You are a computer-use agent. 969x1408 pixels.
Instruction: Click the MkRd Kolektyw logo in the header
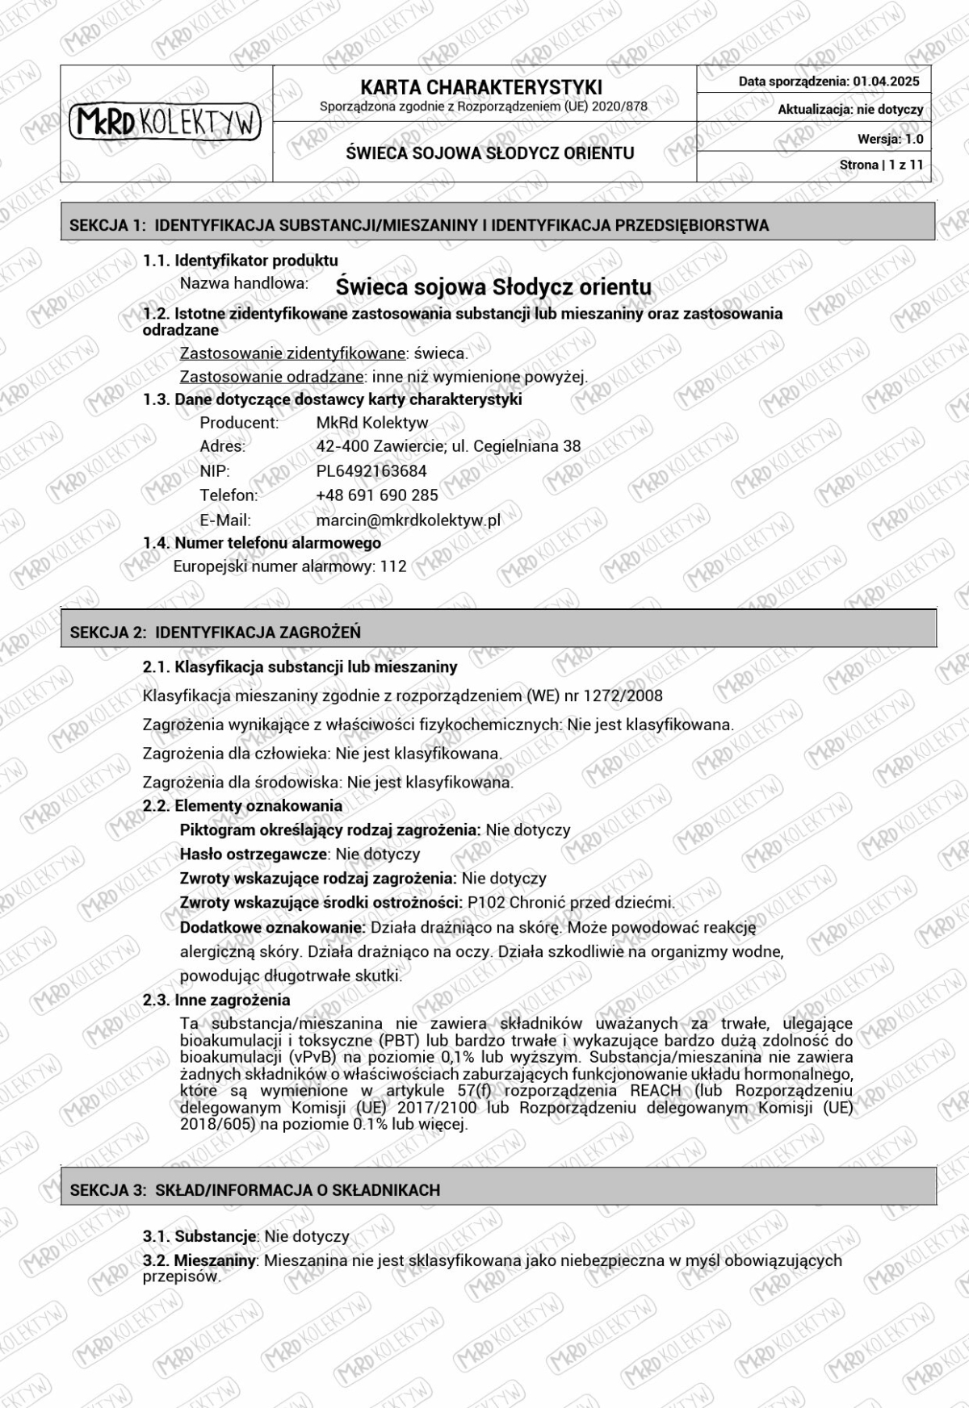tap(166, 122)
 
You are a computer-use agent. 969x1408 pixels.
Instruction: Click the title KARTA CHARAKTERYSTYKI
tap(481, 87)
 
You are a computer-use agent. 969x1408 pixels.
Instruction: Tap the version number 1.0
tap(913, 139)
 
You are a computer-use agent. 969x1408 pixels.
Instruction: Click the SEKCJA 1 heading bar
tap(497, 225)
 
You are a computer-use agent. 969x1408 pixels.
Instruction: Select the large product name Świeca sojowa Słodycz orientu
tap(493, 286)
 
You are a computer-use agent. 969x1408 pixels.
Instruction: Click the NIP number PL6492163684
tap(371, 471)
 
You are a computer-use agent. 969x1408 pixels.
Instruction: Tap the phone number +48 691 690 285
tap(377, 495)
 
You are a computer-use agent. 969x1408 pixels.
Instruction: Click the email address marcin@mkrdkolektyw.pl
tap(408, 520)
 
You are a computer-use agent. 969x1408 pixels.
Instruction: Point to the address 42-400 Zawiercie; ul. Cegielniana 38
tap(448, 446)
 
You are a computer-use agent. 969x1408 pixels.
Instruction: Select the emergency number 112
tap(393, 566)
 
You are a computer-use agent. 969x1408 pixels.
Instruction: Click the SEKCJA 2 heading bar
tap(497, 632)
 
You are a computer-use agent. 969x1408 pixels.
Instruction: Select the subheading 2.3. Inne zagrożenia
tap(216, 1001)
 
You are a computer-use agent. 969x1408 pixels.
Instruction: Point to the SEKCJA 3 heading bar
tap(497, 1190)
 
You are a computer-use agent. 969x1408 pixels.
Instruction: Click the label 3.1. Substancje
tap(199, 1236)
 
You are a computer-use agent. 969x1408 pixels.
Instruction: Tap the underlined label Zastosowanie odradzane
tap(271, 377)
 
